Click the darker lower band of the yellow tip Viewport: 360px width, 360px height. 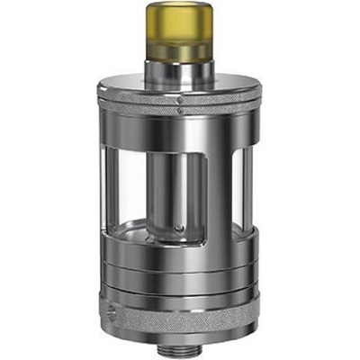point(179,51)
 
